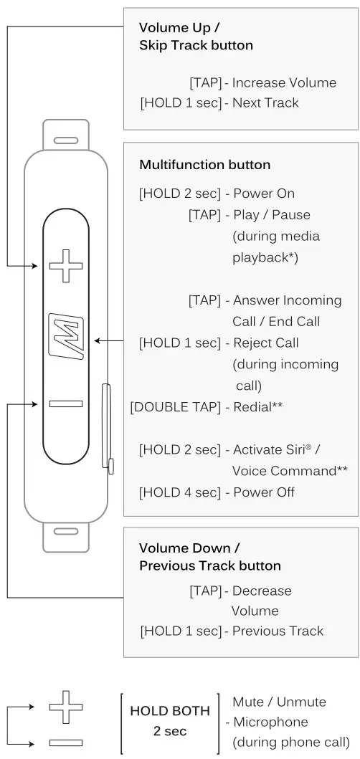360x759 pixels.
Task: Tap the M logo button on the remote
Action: (66, 336)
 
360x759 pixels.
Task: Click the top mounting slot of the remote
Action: (66, 140)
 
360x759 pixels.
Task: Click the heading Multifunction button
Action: (204, 165)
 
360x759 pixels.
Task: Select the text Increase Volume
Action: (274, 83)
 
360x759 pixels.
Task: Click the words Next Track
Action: (266, 103)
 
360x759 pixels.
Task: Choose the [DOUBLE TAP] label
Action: (175, 406)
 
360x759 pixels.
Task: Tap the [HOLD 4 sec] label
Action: (179, 492)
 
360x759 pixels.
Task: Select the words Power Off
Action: (263, 492)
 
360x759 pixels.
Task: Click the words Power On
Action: (263, 194)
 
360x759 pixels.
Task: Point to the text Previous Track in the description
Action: (278, 631)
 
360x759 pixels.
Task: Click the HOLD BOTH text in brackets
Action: (170, 712)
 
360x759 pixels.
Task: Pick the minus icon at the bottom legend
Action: (66, 742)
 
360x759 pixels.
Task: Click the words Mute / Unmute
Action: (279, 702)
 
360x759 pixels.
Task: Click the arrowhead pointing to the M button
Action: (98, 341)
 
